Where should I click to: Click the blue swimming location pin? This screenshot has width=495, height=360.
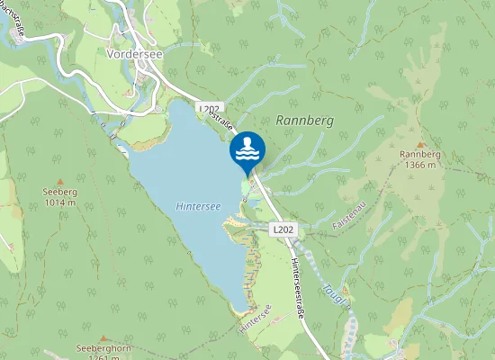pos(247,149)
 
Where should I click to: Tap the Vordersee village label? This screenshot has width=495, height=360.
pos(133,52)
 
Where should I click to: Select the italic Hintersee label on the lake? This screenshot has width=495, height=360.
pos(198,206)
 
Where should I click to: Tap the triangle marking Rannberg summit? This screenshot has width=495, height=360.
pos(420,143)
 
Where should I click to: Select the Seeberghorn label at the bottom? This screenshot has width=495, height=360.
pos(98,349)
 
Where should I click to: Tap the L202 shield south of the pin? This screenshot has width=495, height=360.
pos(283,229)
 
